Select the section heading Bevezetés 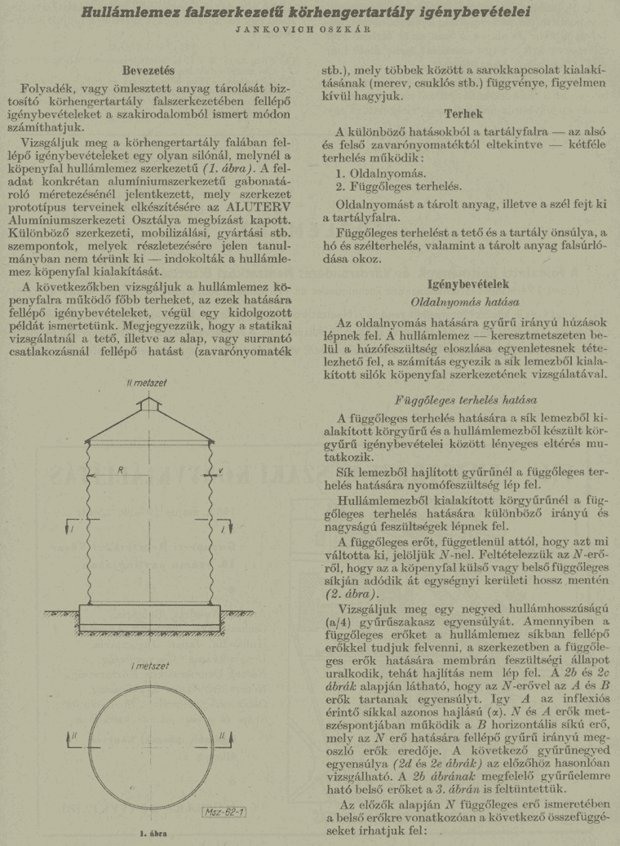tap(153, 70)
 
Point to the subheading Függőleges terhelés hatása tap(464, 401)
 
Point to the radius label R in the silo tap(121, 470)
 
